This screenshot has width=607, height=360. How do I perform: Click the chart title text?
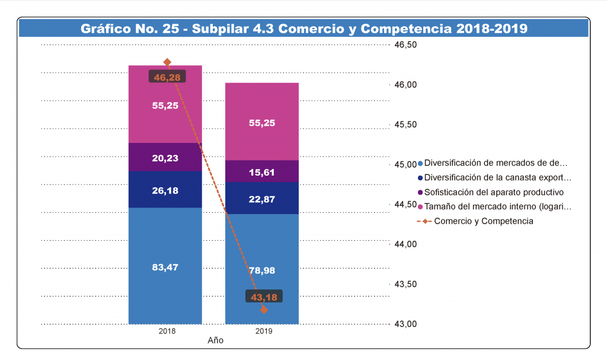tap(303, 29)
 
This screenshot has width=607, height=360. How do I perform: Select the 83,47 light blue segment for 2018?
tap(165, 266)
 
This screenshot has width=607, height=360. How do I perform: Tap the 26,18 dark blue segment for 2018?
tap(165, 190)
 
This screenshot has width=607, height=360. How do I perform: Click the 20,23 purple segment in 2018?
tap(165, 158)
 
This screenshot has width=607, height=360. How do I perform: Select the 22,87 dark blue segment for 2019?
tap(262, 199)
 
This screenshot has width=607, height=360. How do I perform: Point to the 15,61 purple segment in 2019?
tap(262, 171)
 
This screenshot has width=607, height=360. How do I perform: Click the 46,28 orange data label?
tap(167, 77)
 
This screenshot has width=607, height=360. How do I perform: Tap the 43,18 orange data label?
tap(264, 297)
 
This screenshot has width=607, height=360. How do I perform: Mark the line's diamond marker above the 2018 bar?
tap(167, 62)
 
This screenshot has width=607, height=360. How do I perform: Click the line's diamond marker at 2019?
tap(264, 310)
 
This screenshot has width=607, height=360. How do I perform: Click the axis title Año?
tap(215, 341)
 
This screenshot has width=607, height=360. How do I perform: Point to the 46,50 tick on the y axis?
tap(406, 45)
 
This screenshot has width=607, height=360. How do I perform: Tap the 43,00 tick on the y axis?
tap(406, 324)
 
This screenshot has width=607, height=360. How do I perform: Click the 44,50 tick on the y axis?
tap(406, 205)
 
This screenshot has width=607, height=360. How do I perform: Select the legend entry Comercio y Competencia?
tap(483, 221)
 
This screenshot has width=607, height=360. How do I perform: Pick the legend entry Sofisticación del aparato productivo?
tap(494, 192)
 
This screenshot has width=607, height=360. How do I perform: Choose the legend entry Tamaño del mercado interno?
tap(498, 207)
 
